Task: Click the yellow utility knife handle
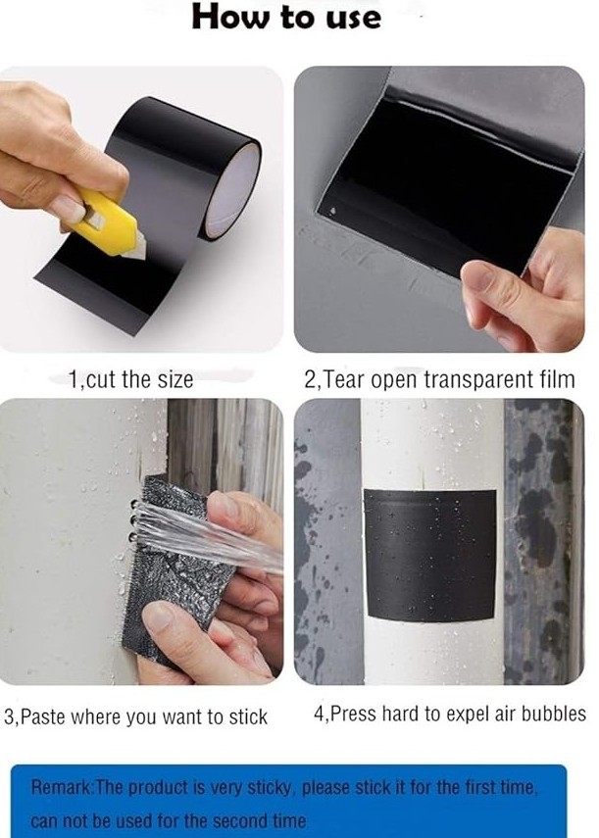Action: (x=103, y=221)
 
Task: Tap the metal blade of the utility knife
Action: (x=136, y=250)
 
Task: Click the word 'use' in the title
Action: (x=352, y=19)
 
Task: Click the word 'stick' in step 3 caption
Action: (x=248, y=716)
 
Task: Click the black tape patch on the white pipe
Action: (x=430, y=555)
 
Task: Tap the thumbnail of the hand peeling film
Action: (x=439, y=209)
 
